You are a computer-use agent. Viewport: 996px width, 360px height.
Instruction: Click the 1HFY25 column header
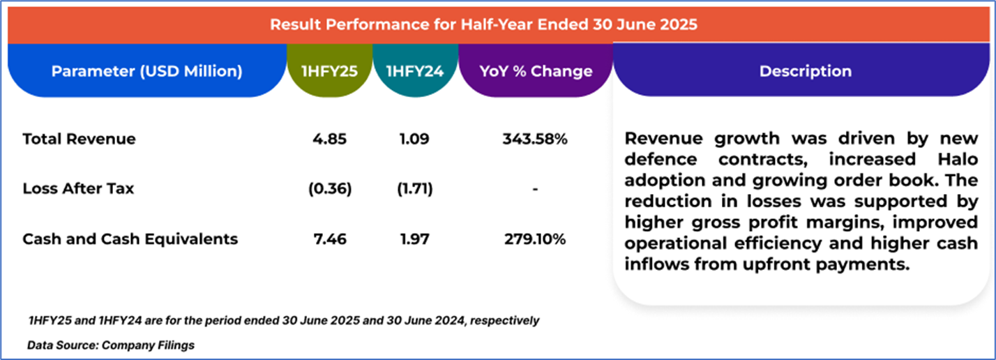tap(329, 71)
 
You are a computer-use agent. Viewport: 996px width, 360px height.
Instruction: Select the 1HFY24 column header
tap(415, 71)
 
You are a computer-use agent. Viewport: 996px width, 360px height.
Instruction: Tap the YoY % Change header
tap(535, 71)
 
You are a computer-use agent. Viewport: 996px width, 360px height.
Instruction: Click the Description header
tap(805, 71)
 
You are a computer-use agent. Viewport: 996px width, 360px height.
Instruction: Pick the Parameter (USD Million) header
tap(146, 71)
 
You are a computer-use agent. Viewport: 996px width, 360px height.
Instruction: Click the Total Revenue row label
tap(79, 139)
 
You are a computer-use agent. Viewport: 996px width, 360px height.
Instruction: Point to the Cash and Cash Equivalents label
tap(130, 239)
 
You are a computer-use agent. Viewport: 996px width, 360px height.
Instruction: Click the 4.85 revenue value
tap(329, 139)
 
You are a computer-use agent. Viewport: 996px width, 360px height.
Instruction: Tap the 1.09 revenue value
tap(415, 139)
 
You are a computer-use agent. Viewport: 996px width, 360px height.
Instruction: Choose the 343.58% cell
tap(535, 139)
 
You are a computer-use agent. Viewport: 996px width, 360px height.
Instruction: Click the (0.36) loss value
tap(329, 189)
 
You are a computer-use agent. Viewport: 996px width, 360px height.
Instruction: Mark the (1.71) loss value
tap(415, 189)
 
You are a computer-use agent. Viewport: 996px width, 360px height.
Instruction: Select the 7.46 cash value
tap(329, 239)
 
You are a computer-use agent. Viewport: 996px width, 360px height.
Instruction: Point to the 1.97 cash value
tap(415, 239)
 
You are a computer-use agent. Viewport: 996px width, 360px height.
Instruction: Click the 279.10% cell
tap(535, 239)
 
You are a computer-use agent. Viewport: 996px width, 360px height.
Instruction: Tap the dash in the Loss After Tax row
tap(535, 189)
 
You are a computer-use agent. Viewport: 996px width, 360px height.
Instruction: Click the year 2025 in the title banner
tap(681, 24)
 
